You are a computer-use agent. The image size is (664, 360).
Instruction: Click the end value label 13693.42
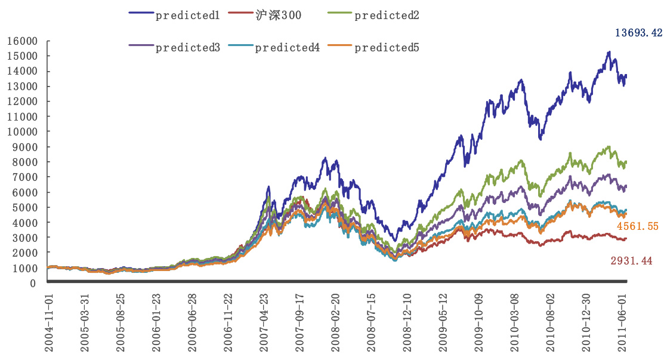(638, 33)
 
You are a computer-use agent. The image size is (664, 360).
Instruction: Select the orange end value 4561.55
(637, 227)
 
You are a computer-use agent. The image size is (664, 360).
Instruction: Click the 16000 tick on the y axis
(22, 41)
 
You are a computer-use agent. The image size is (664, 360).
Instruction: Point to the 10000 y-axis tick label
(22, 132)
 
